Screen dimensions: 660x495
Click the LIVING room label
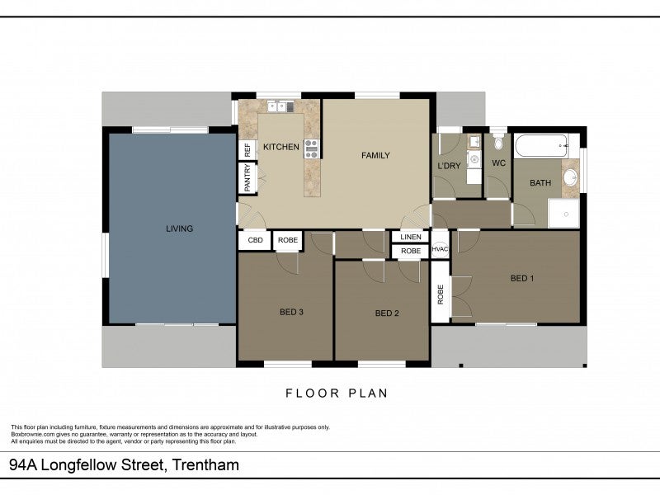pos(179,229)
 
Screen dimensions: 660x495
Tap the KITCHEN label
pos(280,147)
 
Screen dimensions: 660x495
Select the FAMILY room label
pos(375,155)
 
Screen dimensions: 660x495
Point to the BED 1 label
pos(522,278)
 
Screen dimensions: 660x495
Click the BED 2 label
pos(387,313)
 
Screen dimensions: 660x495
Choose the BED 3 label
pos(291,312)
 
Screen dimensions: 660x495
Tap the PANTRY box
pos(247,177)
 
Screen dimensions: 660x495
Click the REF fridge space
pos(247,150)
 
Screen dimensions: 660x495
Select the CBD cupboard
pos(255,240)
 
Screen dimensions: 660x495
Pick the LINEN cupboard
pos(410,237)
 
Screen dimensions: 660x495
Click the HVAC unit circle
pos(440,249)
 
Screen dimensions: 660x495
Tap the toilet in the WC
pos(498,142)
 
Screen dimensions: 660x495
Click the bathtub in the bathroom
pos(542,146)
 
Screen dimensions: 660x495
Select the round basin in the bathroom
pos(570,177)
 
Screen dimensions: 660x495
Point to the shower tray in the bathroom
pos(563,214)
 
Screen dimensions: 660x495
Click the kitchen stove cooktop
pos(312,149)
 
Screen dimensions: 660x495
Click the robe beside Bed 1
pos(441,292)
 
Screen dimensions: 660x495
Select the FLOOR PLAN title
pos(337,394)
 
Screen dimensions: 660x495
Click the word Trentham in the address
pos(205,464)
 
